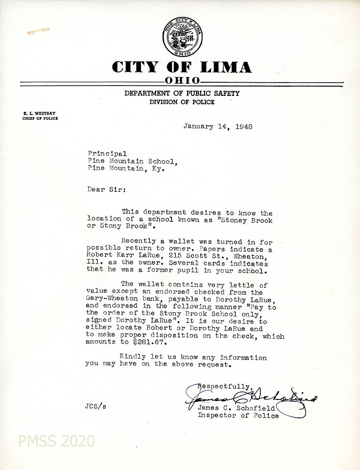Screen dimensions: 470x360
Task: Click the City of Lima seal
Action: (x=182, y=37)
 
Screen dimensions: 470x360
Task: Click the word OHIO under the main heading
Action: (x=182, y=81)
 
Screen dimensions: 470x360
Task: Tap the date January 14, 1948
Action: (x=218, y=126)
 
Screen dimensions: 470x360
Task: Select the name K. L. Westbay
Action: (x=39, y=113)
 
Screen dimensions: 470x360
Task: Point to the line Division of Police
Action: (x=182, y=102)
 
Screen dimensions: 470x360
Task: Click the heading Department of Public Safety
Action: (x=182, y=94)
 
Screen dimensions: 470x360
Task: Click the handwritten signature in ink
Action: (x=249, y=399)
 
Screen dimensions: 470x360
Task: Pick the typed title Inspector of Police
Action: (x=238, y=415)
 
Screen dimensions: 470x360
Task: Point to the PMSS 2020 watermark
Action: (x=56, y=441)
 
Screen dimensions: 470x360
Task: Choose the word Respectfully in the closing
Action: (x=221, y=386)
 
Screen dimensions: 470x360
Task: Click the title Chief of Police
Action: (x=40, y=119)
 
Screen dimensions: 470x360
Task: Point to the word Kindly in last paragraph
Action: (x=132, y=357)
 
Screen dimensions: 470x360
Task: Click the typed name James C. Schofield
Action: (x=236, y=408)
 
